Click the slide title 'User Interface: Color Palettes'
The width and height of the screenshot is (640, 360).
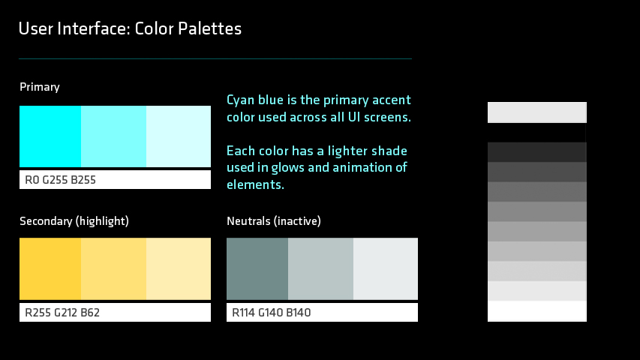click(130, 28)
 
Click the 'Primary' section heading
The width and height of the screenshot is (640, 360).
click(40, 87)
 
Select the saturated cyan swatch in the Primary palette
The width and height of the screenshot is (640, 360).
click(50, 136)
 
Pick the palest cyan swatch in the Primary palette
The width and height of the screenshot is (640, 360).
click(179, 136)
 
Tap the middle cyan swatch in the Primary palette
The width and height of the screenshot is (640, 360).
click(113, 136)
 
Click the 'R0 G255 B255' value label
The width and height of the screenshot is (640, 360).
click(61, 180)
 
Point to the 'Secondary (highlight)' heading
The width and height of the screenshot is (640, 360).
click(74, 221)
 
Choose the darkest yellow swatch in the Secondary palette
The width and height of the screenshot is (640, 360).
click(50, 268)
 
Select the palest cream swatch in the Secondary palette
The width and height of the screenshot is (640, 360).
click(179, 268)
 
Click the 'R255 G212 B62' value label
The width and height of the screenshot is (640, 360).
click(62, 313)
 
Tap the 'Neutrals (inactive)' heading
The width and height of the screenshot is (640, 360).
click(274, 221)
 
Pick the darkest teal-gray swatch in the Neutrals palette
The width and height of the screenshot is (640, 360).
click(257, 268)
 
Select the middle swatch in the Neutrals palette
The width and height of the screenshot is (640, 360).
click(320, 268)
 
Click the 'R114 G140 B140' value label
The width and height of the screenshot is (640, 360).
click(272, 313)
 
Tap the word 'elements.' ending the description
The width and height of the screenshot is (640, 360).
click(256, 184)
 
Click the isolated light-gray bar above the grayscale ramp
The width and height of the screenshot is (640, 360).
click(537, 112)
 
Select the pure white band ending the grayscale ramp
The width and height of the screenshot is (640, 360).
click(537, 311)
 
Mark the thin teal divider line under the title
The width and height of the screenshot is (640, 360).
click(215, 58)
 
